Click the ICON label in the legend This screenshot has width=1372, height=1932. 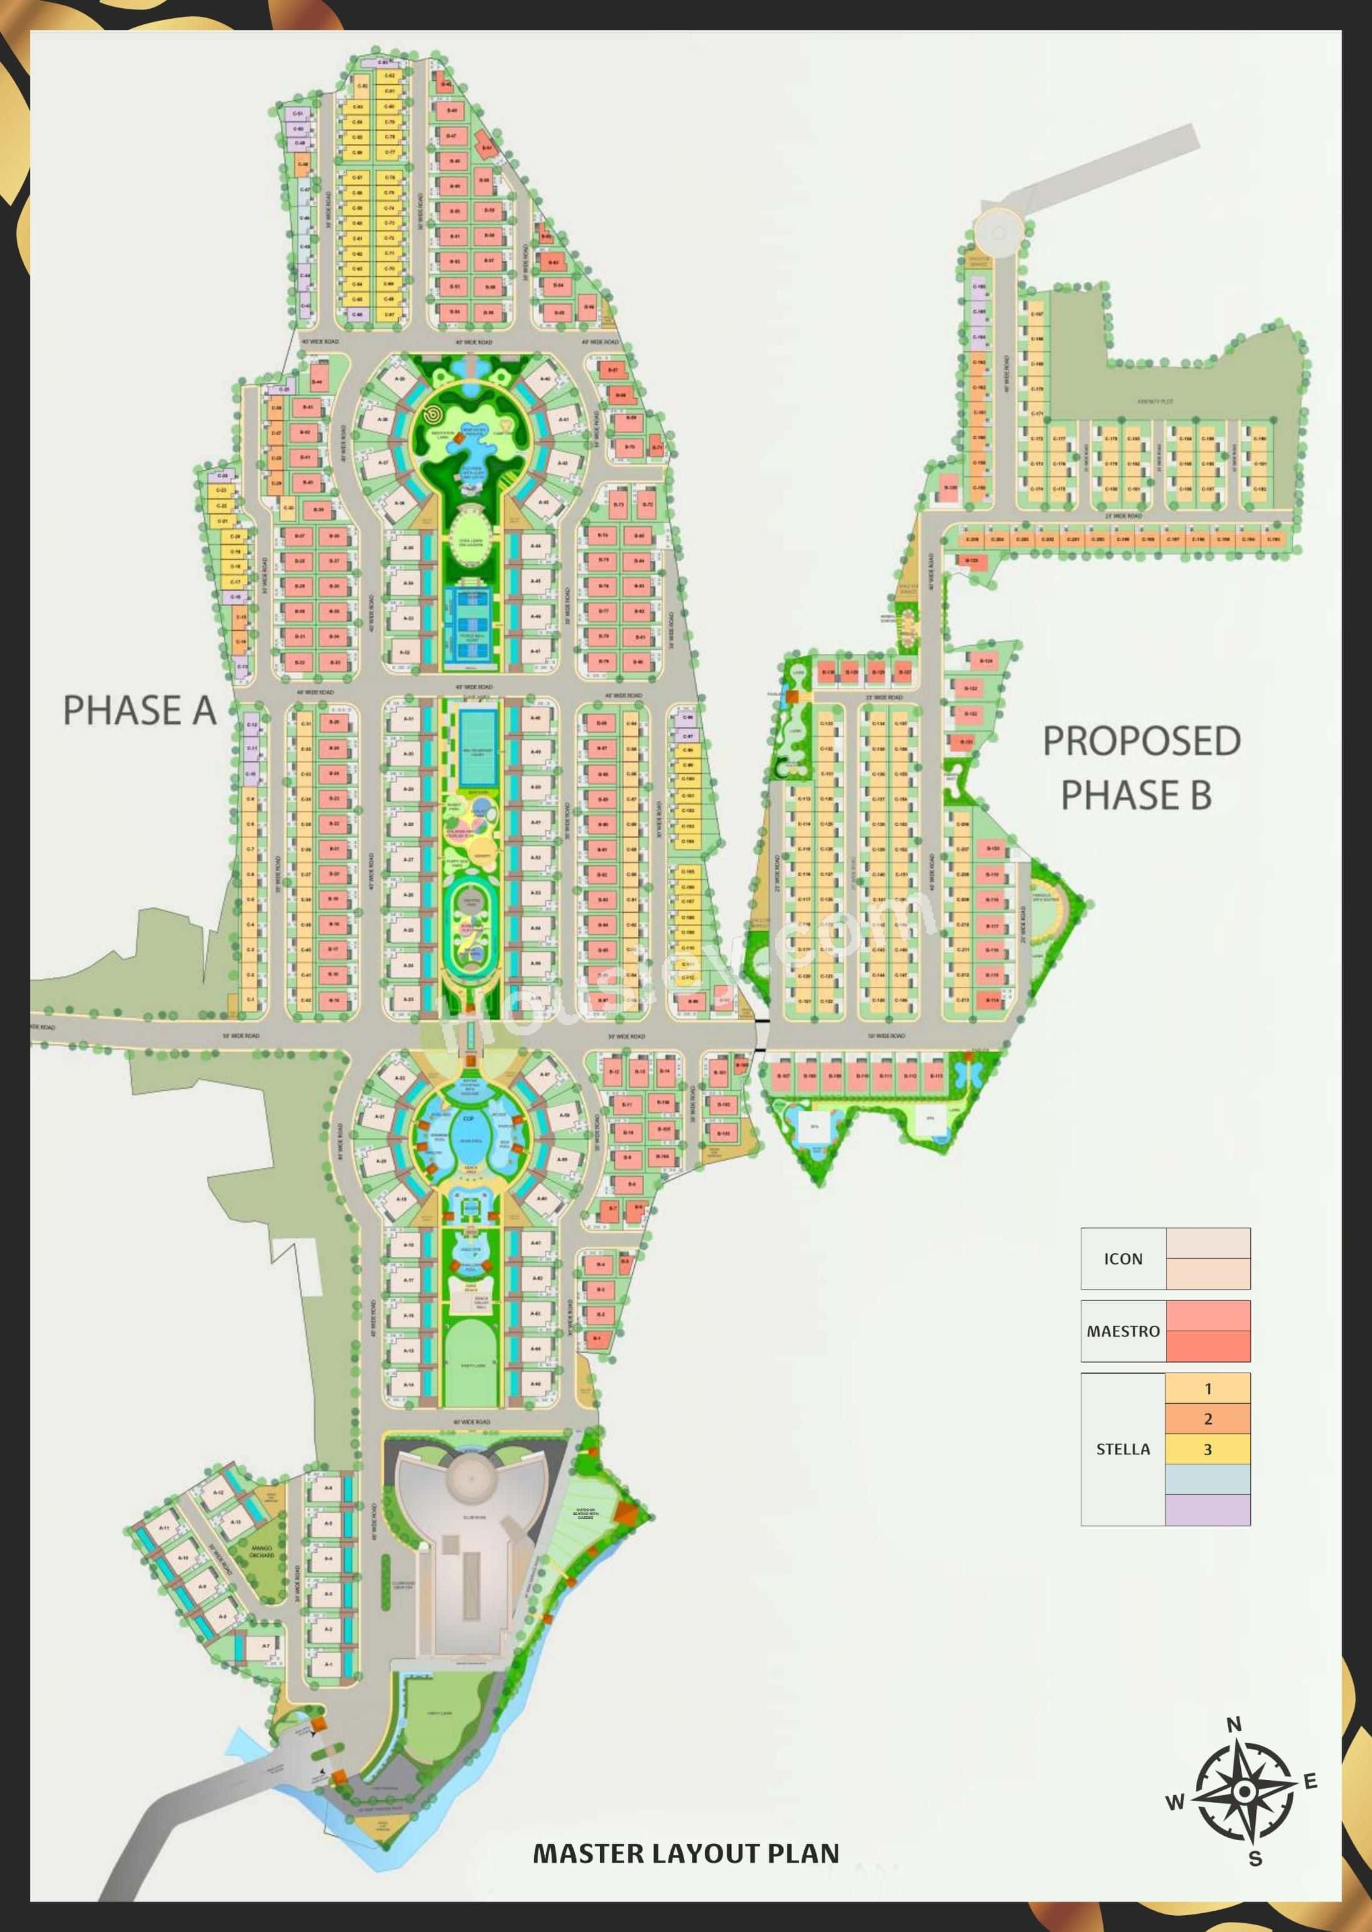tap(1122, 1258)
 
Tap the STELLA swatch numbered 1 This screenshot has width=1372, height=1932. tap(1207, 1389)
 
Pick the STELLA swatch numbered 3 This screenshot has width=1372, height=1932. tap(1207, 1449)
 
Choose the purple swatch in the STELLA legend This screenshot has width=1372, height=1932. tap(1207, 1509)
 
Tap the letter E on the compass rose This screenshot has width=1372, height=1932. tap(1310, 1781)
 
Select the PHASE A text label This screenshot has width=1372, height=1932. tap(139, 710)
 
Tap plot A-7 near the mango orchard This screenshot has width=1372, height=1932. tap(266, 1646)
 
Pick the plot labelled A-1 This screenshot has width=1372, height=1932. tap(329, 1664)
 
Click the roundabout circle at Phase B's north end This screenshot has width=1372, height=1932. tap(998, 230)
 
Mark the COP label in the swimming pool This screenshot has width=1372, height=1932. tap(468, 1118)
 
